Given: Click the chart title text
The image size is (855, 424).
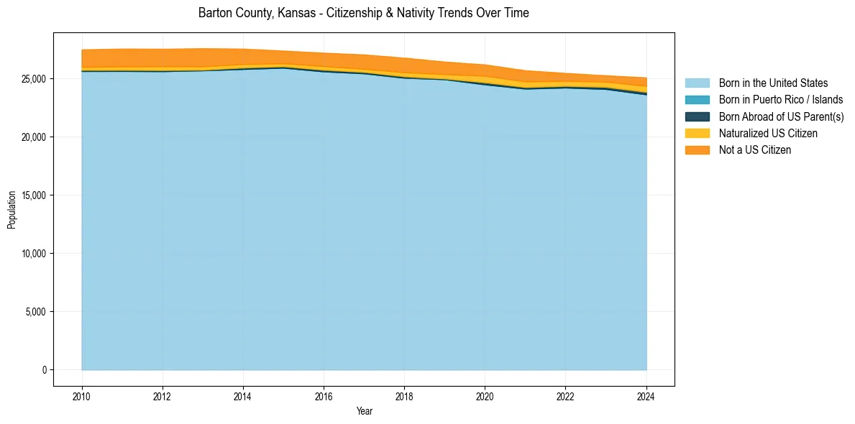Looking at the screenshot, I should pos(363,13).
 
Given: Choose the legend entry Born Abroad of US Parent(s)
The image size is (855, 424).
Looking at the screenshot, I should pos(781,116).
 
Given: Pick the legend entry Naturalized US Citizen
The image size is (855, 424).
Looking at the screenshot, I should pos(768,133).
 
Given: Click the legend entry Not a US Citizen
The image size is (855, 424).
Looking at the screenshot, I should pos(755,149).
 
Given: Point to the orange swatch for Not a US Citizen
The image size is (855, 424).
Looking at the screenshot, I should pos(697,149).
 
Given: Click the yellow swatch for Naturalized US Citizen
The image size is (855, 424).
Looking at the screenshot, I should pos(697,133).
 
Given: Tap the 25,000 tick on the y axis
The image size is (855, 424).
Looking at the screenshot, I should pos(34,78).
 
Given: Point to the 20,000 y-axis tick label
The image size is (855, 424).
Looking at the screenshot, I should pos(34,137).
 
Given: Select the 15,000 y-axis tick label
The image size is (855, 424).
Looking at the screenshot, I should pos(34,195).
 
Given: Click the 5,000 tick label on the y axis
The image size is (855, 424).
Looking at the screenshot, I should pos(36,311).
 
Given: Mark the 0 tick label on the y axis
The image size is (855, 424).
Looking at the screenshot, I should pos(44,369).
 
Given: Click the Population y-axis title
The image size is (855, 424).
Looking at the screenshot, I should pos(12,210).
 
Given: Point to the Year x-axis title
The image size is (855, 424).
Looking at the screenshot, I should pos(364,411).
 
